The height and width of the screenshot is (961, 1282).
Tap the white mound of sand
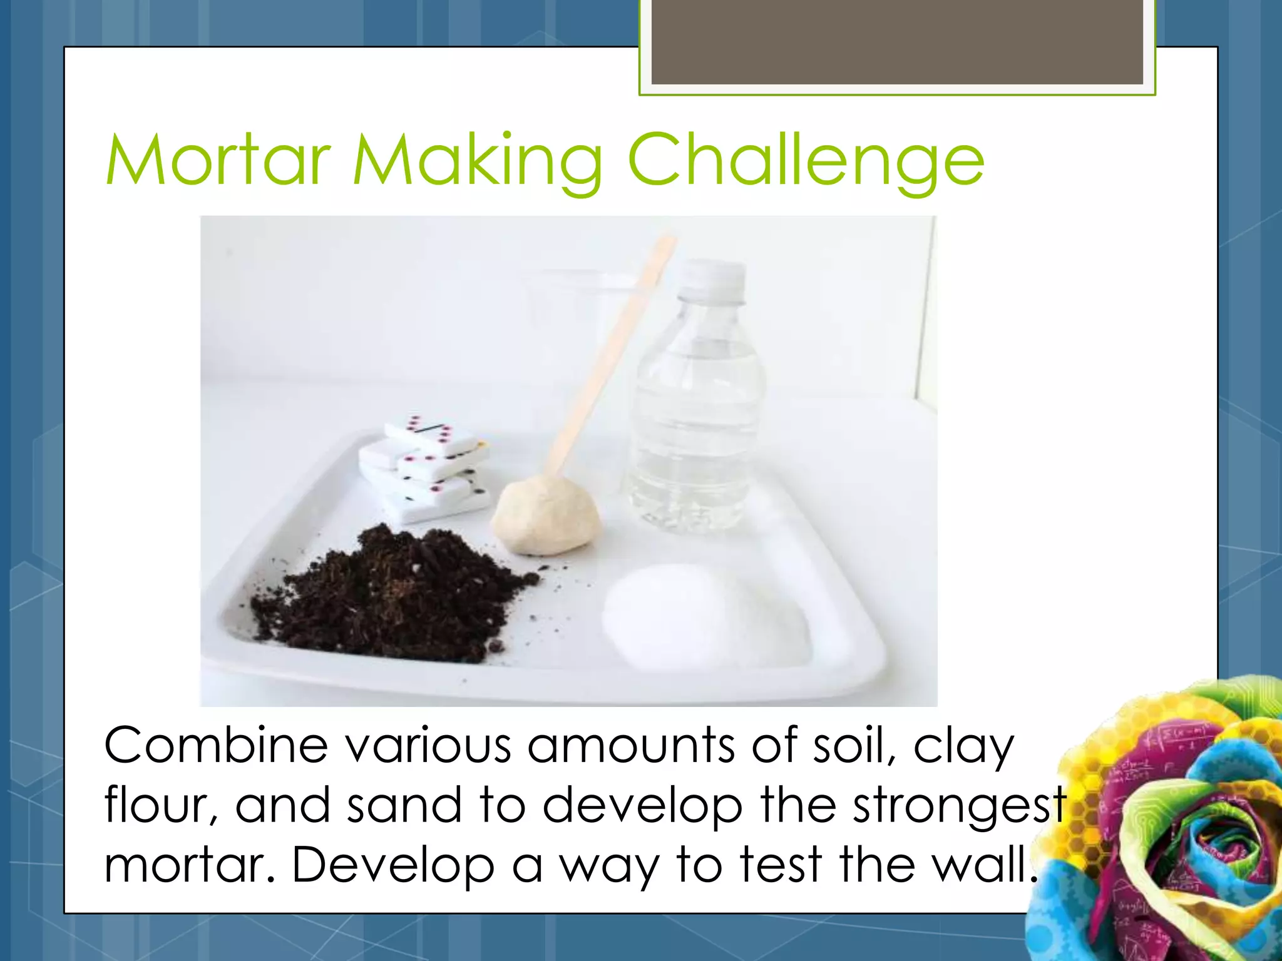click(x=701, y=616)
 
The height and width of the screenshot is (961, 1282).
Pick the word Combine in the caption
click(x=216, y=746)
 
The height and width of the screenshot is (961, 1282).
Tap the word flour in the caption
click(x=160, y=805)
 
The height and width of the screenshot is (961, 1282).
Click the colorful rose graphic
click(x=1164, y=826)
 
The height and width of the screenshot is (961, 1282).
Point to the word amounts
click(x=632, y=746)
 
